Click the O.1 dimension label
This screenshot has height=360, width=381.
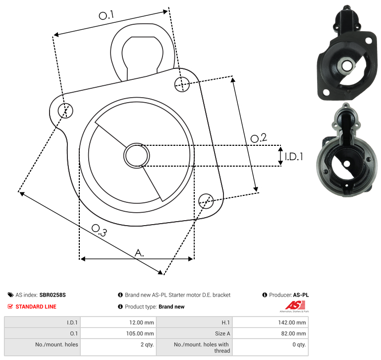[106, 15]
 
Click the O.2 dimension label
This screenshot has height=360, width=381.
[259, 138]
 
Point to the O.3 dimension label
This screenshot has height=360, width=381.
[99, 230]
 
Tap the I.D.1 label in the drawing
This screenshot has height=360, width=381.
[294, 157]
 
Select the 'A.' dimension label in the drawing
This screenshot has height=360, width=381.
[139, 253]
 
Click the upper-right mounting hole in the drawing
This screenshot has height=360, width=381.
[182, 84]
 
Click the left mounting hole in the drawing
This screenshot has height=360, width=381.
[65, 111]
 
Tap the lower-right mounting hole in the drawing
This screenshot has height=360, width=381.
[206, 201]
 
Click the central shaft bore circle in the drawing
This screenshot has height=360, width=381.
[137, 155]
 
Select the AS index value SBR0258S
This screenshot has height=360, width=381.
[53, 295]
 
